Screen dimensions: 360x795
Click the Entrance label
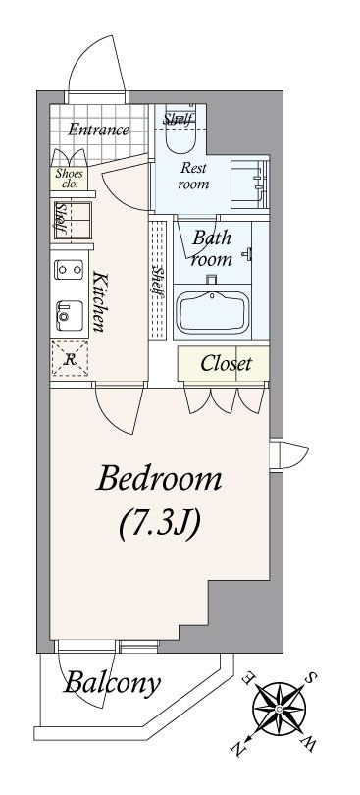point(98,130)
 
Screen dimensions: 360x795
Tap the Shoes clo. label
point(70,178)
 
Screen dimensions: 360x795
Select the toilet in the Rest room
point(180,130)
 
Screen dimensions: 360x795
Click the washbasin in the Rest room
point(249,185)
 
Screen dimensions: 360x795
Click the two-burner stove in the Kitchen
point(70,269)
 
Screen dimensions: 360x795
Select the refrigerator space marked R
point(70,358)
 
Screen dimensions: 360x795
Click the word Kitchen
point(99,301)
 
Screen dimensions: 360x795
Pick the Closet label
point(227,363)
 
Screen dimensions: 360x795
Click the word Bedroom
point(159,479)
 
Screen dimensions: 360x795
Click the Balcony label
point(112,682)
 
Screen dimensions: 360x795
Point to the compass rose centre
point(280,708)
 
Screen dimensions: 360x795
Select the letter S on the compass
point(313,676)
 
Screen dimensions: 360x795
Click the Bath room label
point(212,248)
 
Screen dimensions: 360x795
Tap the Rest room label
point(193,176)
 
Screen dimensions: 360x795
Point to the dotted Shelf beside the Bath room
point(158,281)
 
